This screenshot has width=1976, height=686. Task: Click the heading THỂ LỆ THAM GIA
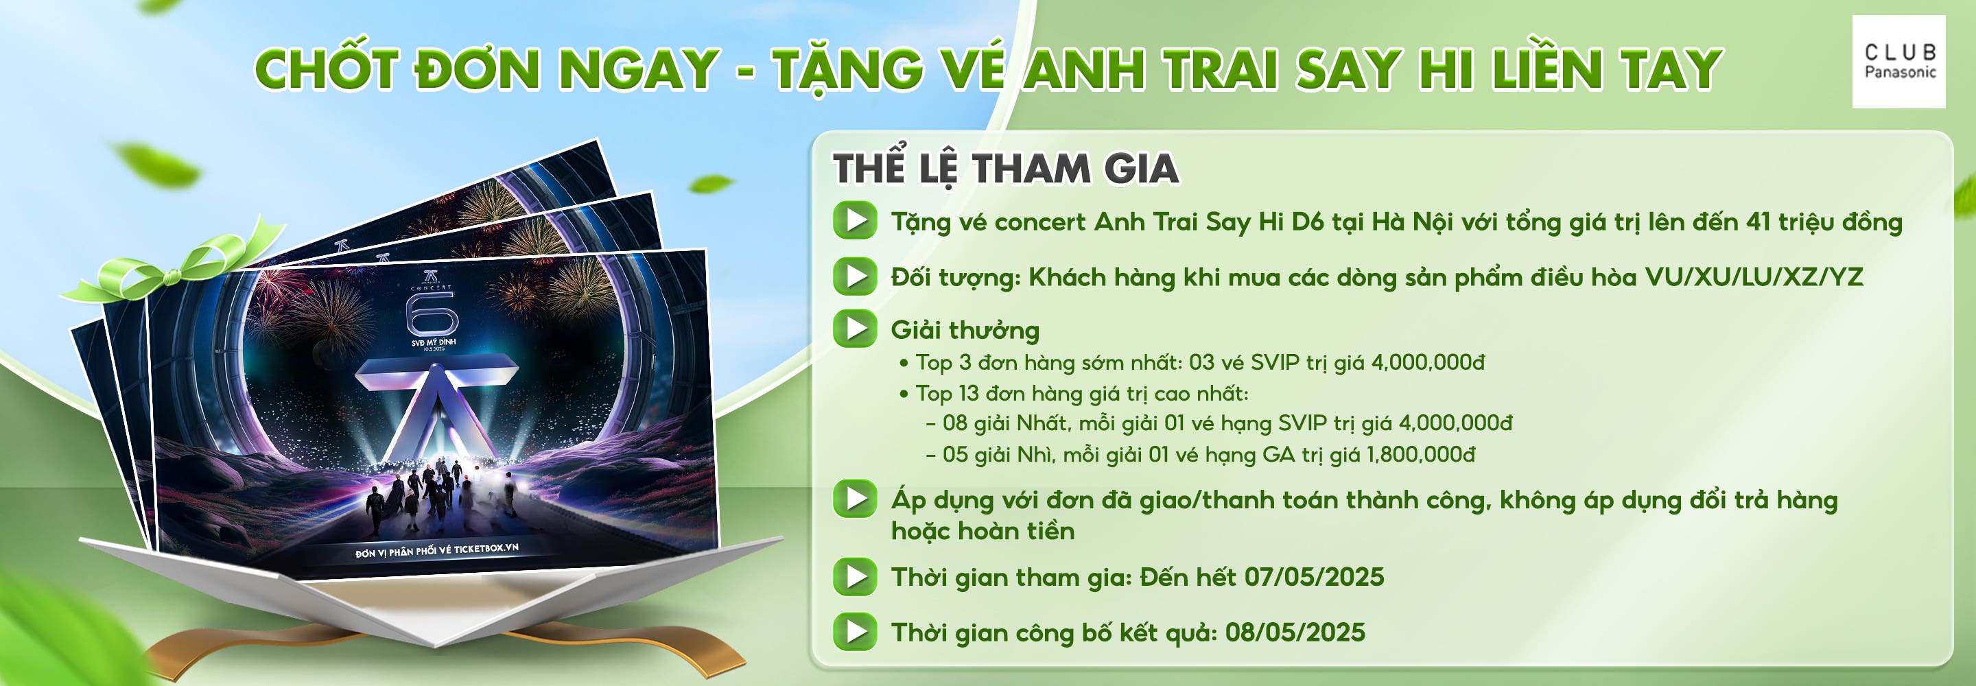click(x=1007, y=169)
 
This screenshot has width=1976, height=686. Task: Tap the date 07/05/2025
click(x=1314, y=577)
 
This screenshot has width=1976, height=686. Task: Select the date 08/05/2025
click(x=1295, y=632)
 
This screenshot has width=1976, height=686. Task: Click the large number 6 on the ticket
click(x=432, y=315)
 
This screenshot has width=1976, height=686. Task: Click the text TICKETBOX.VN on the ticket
click(x=486, y=548)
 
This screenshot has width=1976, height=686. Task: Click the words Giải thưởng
click(x=965, y=330)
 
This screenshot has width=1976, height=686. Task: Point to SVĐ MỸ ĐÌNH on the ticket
click(x=434, y=342)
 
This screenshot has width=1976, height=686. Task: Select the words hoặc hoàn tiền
click(x=983, y=531)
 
